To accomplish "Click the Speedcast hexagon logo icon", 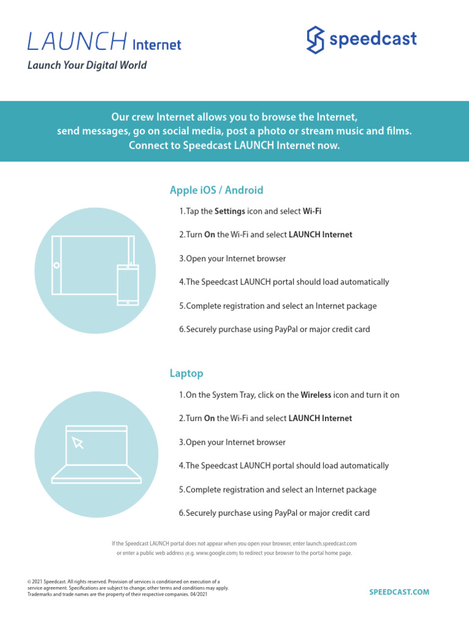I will tap(314, 40).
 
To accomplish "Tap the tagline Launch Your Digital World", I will tap(87, 65).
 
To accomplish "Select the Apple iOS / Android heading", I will tap(216, 190).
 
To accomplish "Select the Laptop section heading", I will tap(186, 373).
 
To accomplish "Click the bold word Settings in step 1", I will tap(230, 211).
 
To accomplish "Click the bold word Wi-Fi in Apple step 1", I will tap(312, 211).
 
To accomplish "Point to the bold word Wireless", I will tap(316, 395).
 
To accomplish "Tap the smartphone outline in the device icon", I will tap(128, 284).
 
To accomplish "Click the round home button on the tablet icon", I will tap(56, 266).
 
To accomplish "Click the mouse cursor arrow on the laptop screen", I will tap(78, 443).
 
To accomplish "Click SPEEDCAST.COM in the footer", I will tap(399, 592).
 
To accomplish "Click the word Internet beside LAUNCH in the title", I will tap(157, 45).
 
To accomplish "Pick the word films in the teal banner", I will tap(399, 131).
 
